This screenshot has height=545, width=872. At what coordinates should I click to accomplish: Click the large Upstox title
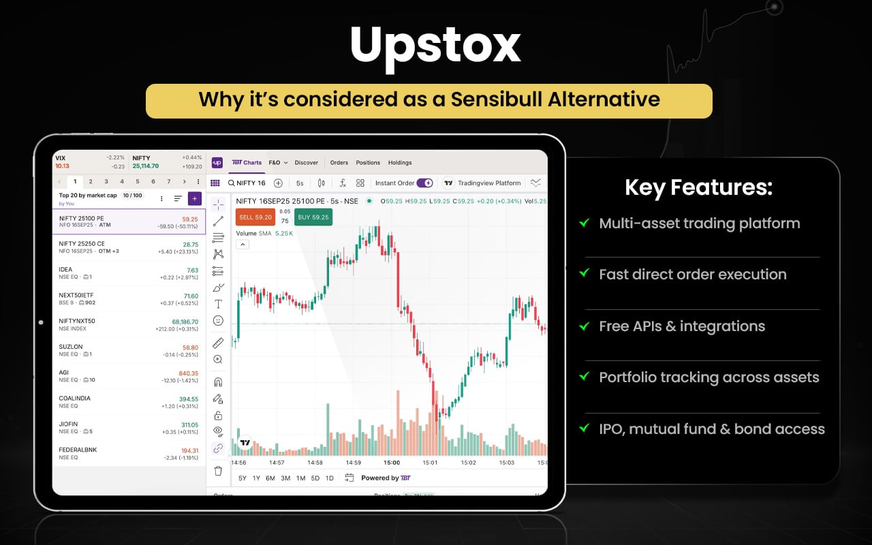(435, 46)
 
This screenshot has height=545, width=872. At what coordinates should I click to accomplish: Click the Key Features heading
(698, 187)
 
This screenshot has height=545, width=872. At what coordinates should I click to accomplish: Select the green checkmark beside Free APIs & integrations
(584, 326)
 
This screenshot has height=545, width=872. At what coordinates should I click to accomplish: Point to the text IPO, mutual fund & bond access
(711, 429)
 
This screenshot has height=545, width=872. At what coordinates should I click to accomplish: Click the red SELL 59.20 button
(255, 217)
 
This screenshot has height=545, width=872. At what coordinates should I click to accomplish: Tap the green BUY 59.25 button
(313, 217)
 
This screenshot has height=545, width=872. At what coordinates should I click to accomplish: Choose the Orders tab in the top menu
(339, 163)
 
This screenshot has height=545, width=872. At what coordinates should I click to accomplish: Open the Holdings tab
(400, 163)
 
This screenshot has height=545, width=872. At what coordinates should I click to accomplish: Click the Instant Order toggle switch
(424, 183)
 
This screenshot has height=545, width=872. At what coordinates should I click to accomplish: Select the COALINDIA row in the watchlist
(129, 402)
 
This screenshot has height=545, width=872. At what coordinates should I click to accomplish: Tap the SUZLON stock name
(71, 347)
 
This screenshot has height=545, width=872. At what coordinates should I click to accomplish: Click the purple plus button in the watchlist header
(194, 198)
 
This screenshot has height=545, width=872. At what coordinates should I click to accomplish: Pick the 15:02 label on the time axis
(468, 463)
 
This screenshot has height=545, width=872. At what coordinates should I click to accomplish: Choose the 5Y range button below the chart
(242, 478)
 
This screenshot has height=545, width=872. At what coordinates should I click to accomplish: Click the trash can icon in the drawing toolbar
(218, 471)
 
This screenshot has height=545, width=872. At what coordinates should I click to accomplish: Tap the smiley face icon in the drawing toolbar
(218, 320)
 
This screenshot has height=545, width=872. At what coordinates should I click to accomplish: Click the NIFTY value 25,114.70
(145, 166)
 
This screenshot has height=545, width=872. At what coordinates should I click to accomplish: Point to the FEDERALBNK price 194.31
(189, 450)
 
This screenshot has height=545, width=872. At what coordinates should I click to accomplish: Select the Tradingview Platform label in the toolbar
(489, 183)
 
